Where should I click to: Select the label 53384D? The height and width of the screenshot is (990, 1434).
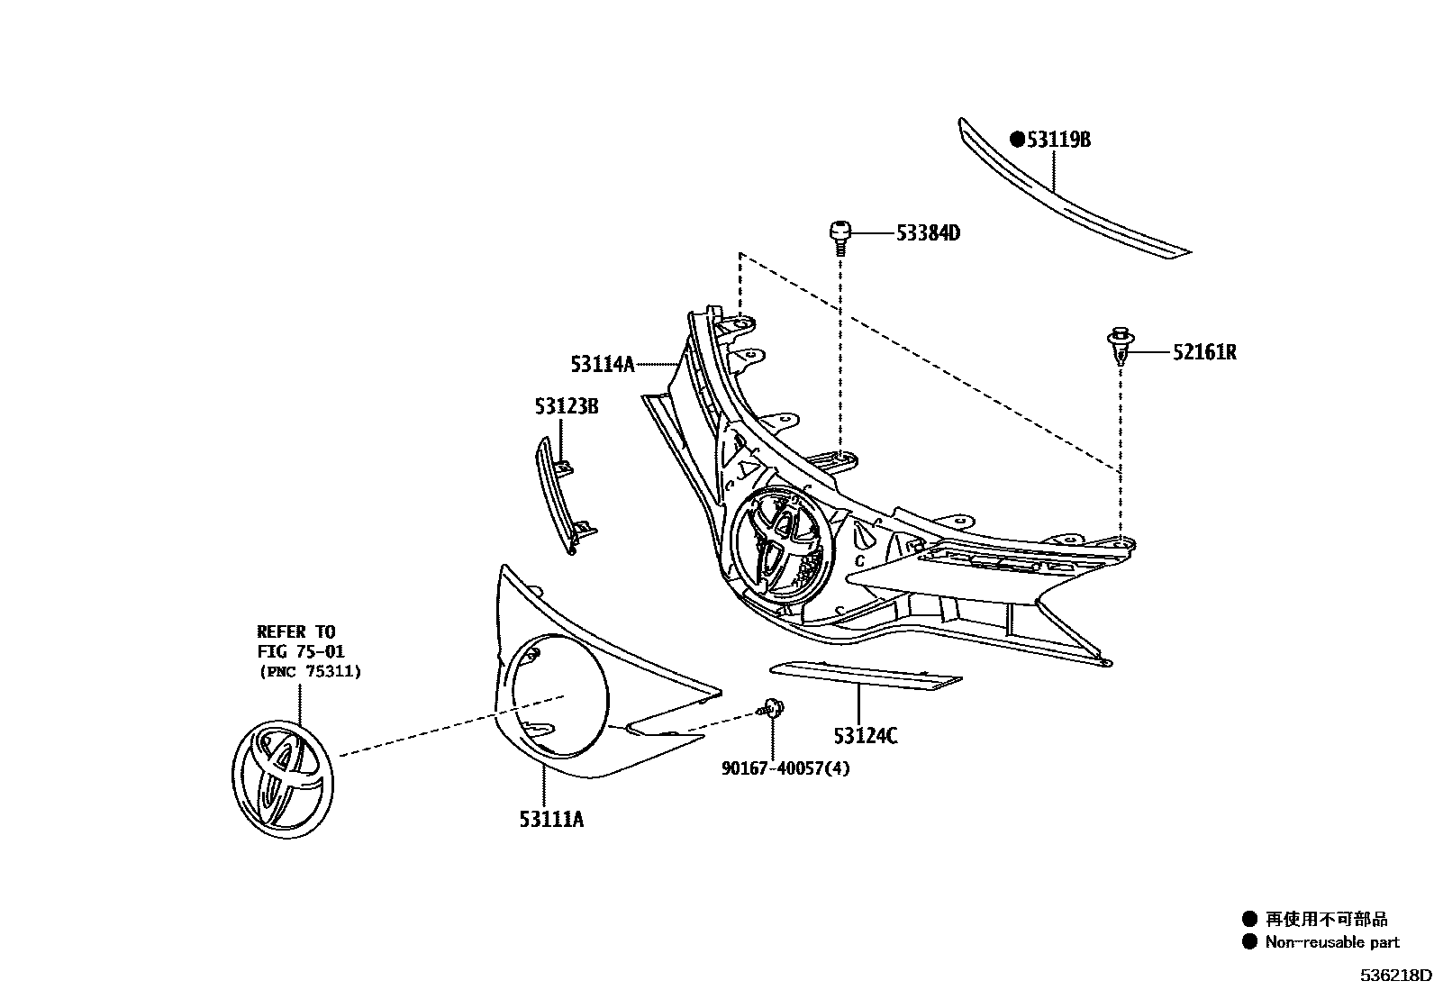[x=928, y=233]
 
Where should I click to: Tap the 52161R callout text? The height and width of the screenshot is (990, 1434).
[x=1204, y=352]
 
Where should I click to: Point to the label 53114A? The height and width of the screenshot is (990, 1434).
[x=602, y=364]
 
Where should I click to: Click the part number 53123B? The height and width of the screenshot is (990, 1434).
[x=567, y=406]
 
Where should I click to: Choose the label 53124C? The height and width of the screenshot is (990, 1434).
[x=866, y=736]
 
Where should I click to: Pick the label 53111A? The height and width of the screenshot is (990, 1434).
[x=551, y=819]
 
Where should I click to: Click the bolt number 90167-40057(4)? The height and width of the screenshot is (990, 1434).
[x=785, y=767]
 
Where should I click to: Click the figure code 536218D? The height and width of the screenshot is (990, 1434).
[x=1395, y=976]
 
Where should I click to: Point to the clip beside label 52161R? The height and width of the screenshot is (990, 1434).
[x=1120, y=348]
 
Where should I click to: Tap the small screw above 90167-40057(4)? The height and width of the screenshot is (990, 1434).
[x=771, y=708]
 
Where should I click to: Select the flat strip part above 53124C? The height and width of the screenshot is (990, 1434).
[x=865, y=675]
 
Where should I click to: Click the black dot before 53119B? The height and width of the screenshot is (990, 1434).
[x=1017, y=140]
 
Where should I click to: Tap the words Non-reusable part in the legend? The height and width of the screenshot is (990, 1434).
[x=1332, y=942]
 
